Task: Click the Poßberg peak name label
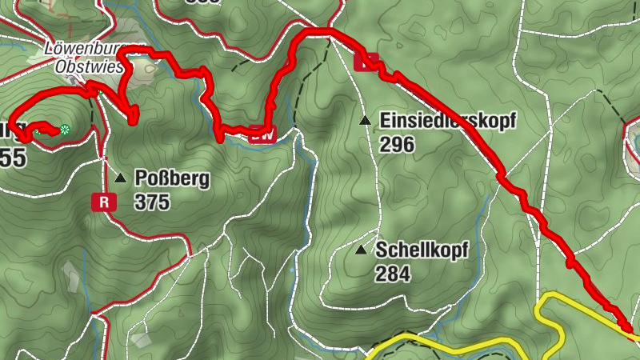point(172,178)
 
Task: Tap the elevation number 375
point(152,202)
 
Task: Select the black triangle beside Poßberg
point(120,178)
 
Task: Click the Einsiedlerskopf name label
point(448,121)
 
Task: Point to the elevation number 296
point(397,145)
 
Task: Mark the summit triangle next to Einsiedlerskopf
point(365,121)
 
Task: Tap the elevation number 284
point(391,274)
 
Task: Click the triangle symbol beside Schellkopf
point(361,250)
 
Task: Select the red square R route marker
point(104,202)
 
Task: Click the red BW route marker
point(261,134)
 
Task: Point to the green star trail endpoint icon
point(65,130)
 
